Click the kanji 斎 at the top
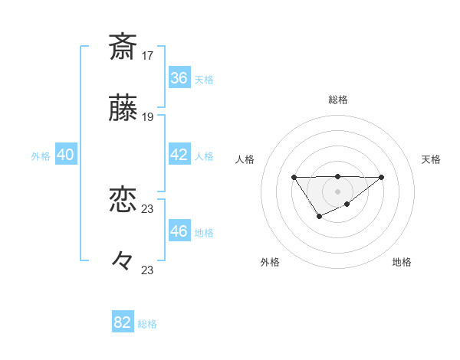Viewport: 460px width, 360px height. (x=123, y=47)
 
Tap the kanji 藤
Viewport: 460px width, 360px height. (x=123, y=110)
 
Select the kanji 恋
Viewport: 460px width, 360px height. (x=123, y=201)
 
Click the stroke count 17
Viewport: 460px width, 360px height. (x=147, y=56)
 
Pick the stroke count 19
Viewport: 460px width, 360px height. (x=147, y=117)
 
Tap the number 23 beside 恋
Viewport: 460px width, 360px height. (x=147, y=209)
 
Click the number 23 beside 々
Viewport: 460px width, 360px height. (x=147, y=270)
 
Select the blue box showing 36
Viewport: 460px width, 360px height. (x=179, y=78)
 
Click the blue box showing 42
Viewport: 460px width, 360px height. (x=179, y=155)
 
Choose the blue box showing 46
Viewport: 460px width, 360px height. (x=179, y=231)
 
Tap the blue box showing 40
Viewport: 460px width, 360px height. (x=65, y=155)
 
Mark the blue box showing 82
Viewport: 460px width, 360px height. (x=123, y=322)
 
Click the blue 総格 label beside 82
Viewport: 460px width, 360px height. (x=147, y=324)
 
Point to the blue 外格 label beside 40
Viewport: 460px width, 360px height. (x=41, y=156)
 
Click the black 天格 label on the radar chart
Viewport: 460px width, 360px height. (x=431, y=159)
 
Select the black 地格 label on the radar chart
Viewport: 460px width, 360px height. (x=402, y=263)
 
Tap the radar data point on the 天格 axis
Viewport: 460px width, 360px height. (x=382, y=178)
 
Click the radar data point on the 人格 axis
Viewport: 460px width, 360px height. (x=294, y=178)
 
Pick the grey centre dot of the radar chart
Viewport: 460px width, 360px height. (x=337, y=191)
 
